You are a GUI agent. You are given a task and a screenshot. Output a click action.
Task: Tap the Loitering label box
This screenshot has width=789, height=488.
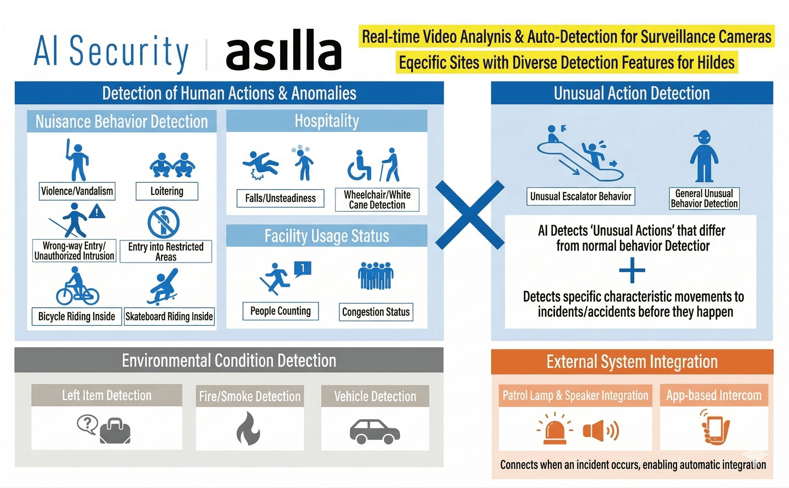(x=167, y=191)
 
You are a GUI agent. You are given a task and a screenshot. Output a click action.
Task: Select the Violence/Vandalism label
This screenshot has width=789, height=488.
(x=77, y=191)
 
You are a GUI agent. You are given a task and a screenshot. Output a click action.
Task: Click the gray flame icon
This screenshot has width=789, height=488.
(x=248, y=428)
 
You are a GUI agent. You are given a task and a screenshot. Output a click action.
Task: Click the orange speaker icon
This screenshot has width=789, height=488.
(x=600, y=430)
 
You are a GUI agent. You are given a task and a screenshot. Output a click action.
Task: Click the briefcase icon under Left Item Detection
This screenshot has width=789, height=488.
(x=115, y=431)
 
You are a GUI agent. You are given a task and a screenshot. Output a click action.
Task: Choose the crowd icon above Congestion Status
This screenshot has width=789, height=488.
(x=375, y=276)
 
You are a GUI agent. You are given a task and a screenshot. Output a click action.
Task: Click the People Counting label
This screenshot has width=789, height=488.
(x=280, y=311)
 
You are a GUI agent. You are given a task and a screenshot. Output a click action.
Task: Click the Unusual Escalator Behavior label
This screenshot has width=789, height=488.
(x=580, y=196)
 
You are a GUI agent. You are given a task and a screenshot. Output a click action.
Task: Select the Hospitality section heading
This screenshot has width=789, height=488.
(x=327, y=121)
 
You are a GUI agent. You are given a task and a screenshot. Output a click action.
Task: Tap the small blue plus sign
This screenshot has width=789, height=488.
(x=632, y=270)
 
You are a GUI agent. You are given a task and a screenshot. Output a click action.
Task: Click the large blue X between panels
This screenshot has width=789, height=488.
(x=470, y=215)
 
